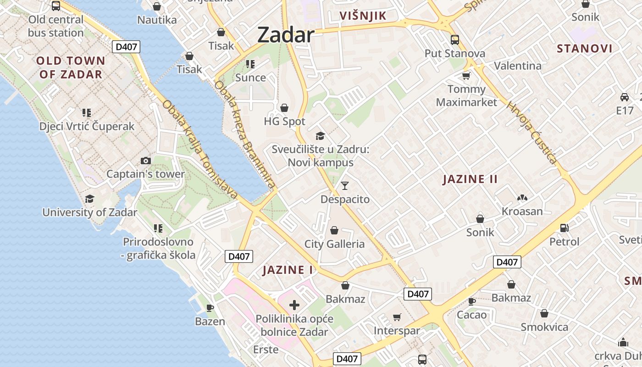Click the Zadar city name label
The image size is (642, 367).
[x=286, y=35]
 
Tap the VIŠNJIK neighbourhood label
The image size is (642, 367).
[x=363, y=16]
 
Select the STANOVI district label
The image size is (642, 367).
[x=584, y=49]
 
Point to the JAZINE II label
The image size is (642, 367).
[x=470, y=179]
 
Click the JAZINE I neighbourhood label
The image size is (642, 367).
[x=288, y=270]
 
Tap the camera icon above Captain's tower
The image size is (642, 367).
[x=146, y=161]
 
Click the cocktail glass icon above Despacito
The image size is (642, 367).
[x=345, y=185]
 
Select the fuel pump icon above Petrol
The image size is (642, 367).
[x=565, y=228]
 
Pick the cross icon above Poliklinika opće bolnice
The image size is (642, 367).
[x=294, y=305]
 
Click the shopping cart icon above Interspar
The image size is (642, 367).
[x=397, y=317]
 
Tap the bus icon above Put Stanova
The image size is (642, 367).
[x=454, y=39]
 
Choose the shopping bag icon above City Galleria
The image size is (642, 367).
[x=334, y=230]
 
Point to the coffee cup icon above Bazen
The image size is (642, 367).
[x=210, y=307]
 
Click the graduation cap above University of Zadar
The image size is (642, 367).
[x=89, y=199]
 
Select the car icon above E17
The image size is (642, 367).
[x=624, y=97]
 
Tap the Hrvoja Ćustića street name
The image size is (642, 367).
[x=532, y=133]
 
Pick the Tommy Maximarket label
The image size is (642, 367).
[x=466, y=95]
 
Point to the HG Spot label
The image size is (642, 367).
[x=284, y=122]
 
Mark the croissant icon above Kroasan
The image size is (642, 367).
[x=522, y=198]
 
